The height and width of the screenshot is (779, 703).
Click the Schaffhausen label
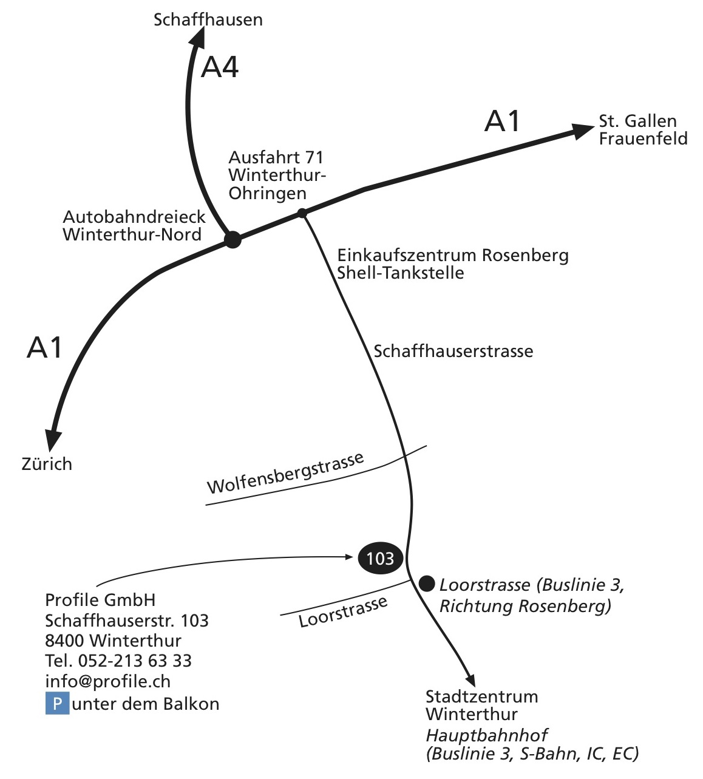tap(208, 19)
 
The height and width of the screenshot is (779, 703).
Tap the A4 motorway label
tap(220, 67)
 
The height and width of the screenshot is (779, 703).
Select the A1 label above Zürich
tap(45, 348)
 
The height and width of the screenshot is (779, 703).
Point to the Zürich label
tap(47, 464)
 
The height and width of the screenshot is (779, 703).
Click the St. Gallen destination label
tap(637, 120)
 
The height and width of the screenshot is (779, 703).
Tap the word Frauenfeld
tap(643, 138)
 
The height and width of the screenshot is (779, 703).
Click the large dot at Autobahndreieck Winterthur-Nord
tap(233, 240)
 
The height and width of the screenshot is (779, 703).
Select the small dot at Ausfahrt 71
tap(302, 213)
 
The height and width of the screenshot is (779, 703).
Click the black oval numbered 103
tap(381, 558)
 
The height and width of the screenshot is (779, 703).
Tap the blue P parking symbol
tap(57, 704)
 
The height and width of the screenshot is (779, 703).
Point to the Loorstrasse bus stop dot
tap(427, 584)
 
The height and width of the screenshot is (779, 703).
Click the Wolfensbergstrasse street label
tap(285, 474)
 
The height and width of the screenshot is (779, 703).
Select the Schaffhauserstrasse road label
tap(453, 351)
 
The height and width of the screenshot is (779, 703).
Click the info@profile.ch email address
tap(107, 681)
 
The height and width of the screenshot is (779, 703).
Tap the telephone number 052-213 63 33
tap(135, 661)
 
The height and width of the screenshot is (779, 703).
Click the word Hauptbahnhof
tap(486, 735)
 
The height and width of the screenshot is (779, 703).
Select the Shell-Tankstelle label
tap(401, 273)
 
